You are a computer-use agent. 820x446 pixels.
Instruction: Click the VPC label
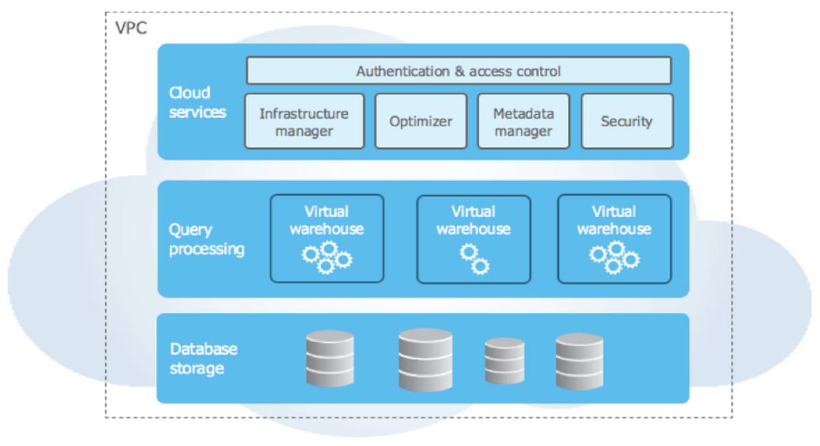[x=131, y=28]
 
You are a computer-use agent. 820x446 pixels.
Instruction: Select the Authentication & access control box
[x=459, y=70]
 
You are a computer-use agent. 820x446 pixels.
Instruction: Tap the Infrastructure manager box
[x=304, y=122]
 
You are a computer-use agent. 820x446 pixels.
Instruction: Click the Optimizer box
[x=421, y=122]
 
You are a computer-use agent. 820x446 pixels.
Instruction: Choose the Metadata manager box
[x=523, y=122]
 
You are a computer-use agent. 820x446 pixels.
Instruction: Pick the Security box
[x=627, y=122]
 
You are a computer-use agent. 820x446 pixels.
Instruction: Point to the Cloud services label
[x=197, y=102]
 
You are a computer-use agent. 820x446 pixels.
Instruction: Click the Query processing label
[x=206, y=239]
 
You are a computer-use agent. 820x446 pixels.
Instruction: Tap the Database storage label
[x=204, y=359]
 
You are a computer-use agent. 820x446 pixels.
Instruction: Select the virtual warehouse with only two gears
[x=474, y=239]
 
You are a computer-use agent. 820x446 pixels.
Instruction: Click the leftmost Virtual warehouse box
[x=327, y=238]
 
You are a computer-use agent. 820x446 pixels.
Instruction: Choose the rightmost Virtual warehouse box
[x=614, y=239]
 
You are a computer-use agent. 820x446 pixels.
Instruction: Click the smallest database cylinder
[x=505, y=361]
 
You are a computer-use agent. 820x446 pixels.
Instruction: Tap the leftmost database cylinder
[x=330, y=359]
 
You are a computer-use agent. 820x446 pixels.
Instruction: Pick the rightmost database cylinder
[x=579, y=361]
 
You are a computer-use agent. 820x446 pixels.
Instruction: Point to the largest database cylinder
[x=425, y=360]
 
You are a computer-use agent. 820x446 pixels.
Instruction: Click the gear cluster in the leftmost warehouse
[x=327, y=257]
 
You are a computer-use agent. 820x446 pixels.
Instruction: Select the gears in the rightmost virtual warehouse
[x=614, y=257]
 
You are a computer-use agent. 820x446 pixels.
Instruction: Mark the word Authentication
[x=402, y=71]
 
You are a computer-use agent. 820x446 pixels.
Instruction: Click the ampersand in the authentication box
[x=459, y=71]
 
